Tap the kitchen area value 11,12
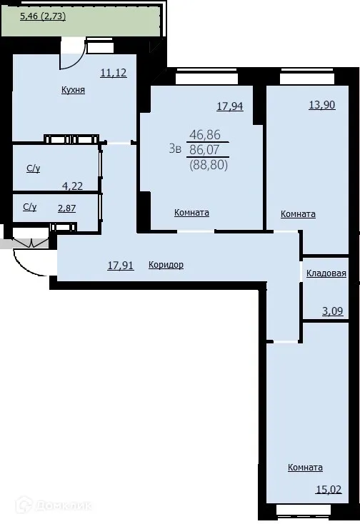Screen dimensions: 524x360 point(114,73)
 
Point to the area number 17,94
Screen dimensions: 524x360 point(231,106)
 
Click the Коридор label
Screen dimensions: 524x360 point(166,265)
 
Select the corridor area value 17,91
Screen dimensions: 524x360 point(121,266)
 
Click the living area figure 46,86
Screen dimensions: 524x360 point(204,134)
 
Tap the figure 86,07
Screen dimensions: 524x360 point(204,150)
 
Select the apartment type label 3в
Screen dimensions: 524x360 point(174,149)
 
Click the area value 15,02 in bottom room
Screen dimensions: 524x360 point(329,490)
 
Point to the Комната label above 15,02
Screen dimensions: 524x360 point(305,468)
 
